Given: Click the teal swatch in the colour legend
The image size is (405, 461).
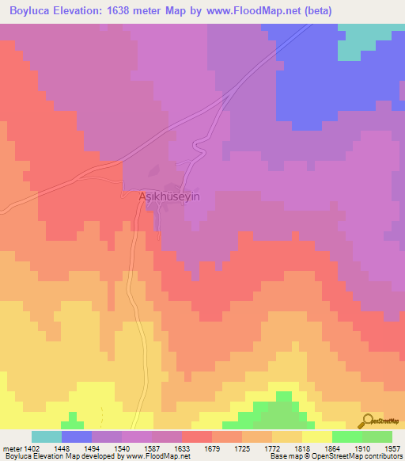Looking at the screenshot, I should [x=47, y=436].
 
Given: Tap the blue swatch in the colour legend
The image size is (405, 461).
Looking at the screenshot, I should [x=77, y=436].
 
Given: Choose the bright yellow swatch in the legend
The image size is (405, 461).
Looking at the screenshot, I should [x=317, y=436].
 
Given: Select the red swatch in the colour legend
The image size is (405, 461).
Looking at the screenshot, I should [x=197, y=436].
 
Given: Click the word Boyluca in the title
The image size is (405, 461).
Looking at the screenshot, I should [x=32, y=10].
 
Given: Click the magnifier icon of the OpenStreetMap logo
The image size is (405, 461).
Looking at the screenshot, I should [x=366, y=420].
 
